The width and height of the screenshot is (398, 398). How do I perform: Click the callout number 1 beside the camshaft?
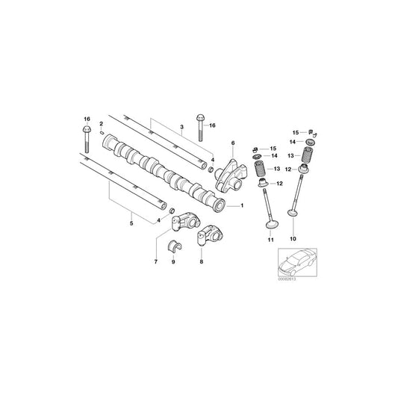click(241, 205)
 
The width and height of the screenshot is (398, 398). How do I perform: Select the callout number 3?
click(181, 129)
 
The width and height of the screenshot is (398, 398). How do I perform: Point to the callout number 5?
click(131, 222)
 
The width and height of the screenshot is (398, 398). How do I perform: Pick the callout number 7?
click(155, 261)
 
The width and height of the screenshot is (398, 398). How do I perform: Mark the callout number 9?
click(173, 262)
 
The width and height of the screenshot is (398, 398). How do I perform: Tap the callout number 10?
click(292, 239)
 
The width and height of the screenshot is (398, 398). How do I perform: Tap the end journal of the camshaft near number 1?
click(220, 206)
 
